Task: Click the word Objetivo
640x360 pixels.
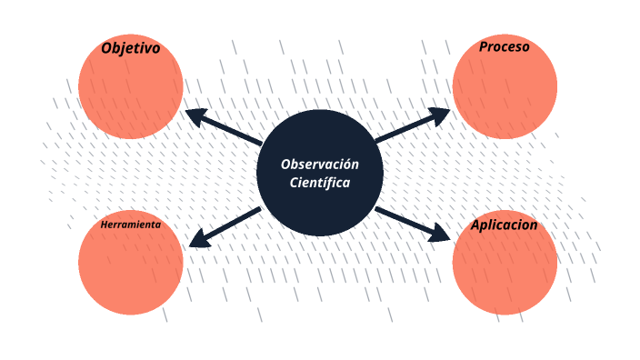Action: [131, 48]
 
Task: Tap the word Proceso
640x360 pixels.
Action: [505, 46]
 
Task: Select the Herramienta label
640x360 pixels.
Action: [131, 225]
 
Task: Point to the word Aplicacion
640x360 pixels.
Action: [505, 225]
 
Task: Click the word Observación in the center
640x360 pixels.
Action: [320, 165]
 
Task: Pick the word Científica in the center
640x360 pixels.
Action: [320, 183]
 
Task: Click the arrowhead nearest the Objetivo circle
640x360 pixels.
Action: [194, 115]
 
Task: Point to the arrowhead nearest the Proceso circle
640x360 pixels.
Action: [441, 114]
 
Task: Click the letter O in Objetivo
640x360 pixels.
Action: [107, 48]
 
